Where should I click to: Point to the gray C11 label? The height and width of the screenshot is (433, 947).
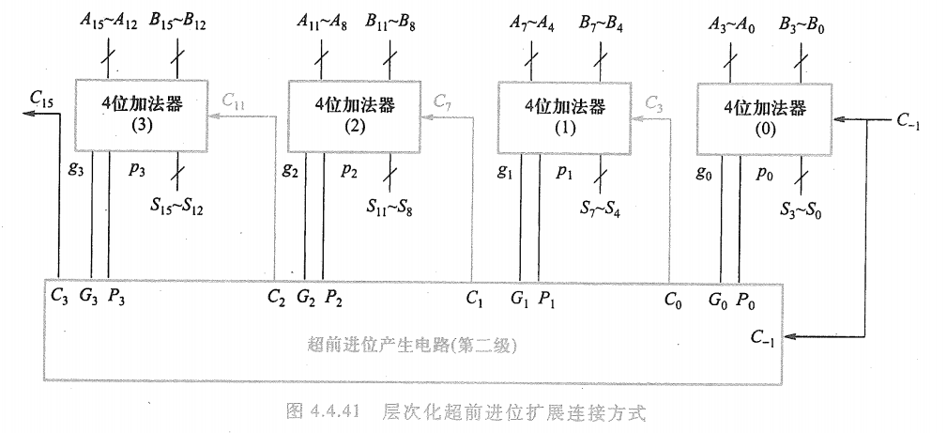coord(234,99)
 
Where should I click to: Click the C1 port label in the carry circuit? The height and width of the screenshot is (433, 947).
coord(475,301)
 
